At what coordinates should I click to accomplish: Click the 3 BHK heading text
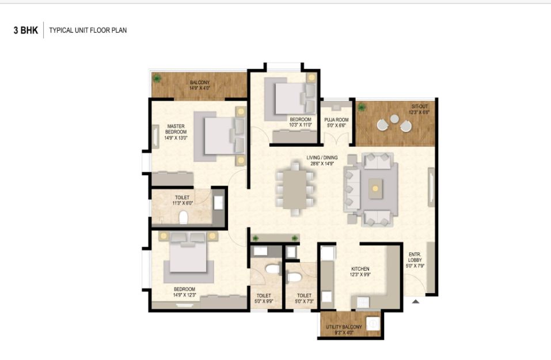(x=26, y=30)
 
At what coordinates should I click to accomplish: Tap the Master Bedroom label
(x=176, y=129)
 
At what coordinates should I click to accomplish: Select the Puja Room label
(x=336, y=120)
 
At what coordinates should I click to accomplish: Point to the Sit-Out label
(x=420, y=106)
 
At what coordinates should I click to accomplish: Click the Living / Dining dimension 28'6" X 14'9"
(x=322, y=164)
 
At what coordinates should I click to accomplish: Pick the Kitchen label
(x=360, y=269)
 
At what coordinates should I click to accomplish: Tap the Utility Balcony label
(x=344, y=327)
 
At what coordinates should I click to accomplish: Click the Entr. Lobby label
(x=415, y=257)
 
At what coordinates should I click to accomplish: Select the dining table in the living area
(x=295, y=189)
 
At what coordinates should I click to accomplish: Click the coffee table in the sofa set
(x=375, y=189)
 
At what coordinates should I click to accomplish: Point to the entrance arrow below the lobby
(x=416, y=301)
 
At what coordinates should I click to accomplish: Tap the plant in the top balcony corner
(x=157, y=78)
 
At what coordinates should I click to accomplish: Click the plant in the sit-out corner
(x=361, y=107)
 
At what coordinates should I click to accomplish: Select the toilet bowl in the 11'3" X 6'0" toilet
(x=183, y=217)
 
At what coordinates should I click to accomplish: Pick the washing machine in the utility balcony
(x=373, y=323)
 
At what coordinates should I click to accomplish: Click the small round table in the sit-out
(x=394, y=119)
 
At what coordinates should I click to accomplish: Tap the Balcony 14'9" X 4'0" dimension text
(x=200, y=88)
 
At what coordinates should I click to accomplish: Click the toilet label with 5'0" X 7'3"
(x=305, y=298)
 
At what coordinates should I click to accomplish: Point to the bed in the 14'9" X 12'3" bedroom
(x=188, y=257)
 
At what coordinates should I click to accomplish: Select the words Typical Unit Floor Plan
(x=88, y=30)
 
